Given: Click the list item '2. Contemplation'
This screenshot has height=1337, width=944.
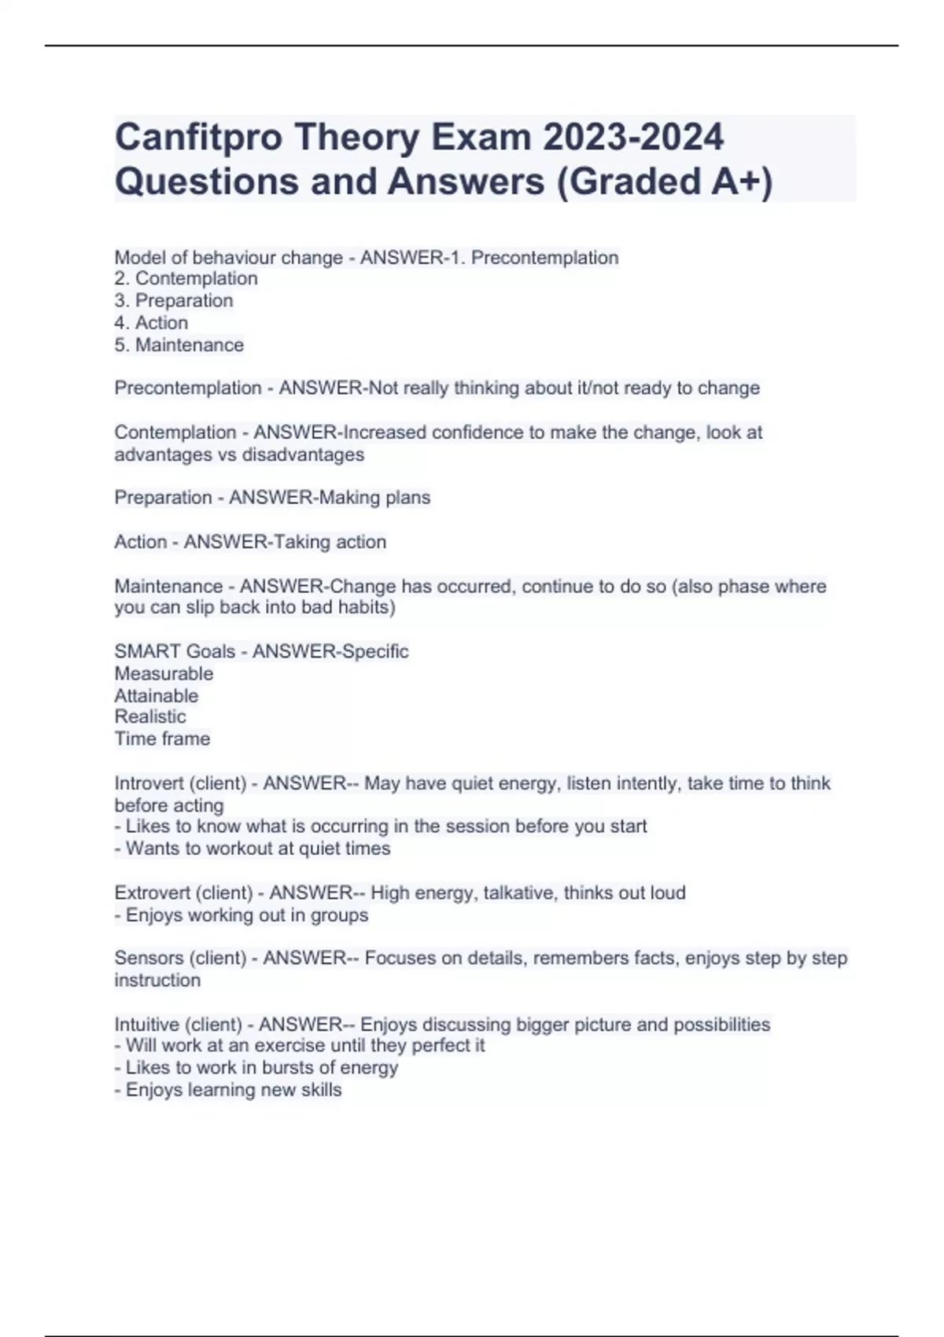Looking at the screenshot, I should click(x=186, y=278).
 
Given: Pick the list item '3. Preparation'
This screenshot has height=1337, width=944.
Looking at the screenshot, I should click(x=174, y=300).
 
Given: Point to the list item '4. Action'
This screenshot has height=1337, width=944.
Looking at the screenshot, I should click(x=151, y=322).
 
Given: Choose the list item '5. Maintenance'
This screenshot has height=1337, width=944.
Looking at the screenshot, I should click(x=179, y=344).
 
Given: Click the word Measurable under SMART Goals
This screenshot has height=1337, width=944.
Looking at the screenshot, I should click(x=164, y=673).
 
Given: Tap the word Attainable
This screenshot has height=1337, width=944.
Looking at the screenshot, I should click(x=157, y=695).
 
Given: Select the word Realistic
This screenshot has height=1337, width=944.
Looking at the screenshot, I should click(x=150, y=716).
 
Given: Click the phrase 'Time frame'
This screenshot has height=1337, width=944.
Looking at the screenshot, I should click(x=162, y=738).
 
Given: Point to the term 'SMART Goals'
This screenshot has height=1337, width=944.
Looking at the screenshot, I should click(x=175, y=651).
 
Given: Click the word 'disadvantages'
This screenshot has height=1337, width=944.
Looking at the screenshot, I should click(x=303, y=455).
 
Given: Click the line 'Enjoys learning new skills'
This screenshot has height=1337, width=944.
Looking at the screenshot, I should click(x=234, y=1090).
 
